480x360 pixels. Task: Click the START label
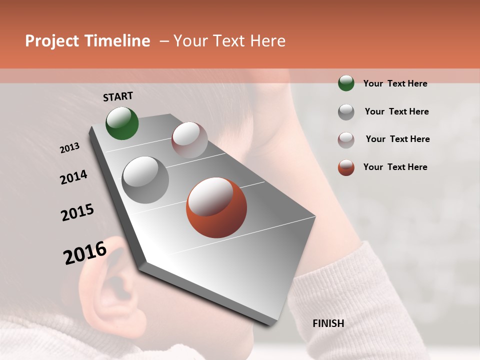[x=118, y=96]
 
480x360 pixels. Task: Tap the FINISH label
[x=328, y=323]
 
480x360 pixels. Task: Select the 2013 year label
[x=69, y=148]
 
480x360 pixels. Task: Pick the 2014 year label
[x=73, y=177]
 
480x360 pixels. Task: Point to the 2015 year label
[x=77, y=212]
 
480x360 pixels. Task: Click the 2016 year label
[x=85, y=253]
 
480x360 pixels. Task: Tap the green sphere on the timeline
[x=122, y=123]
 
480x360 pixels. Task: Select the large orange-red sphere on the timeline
[x=216, y=207]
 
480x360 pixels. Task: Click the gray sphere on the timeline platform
[x=145, y=180]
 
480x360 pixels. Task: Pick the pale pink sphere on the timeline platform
[x=189, y=140]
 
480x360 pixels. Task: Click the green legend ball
[x=346, y=83]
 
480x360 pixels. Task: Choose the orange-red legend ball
[x=346, y=167]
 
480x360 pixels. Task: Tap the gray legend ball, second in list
[x=346, y=112]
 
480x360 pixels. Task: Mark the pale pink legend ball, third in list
[x=346, y=140]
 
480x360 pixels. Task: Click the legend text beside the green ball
[x=395, y=83]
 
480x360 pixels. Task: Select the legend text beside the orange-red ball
[x=395, y=167]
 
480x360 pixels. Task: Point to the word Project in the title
[x=51, y=41]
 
